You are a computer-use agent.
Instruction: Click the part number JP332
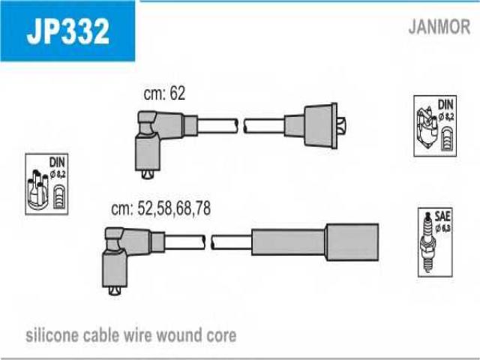pyautogui.click(x=67, y=31)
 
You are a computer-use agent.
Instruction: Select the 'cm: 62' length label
pyautogui.click(x=164, y=94)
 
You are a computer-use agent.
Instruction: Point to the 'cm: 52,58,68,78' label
pyautogui.click(x=161, y=210)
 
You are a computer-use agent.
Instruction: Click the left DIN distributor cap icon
pyautogui.click(x=46, y=185)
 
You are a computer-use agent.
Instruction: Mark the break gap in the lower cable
pyautogui.click(x=208, y=242)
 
